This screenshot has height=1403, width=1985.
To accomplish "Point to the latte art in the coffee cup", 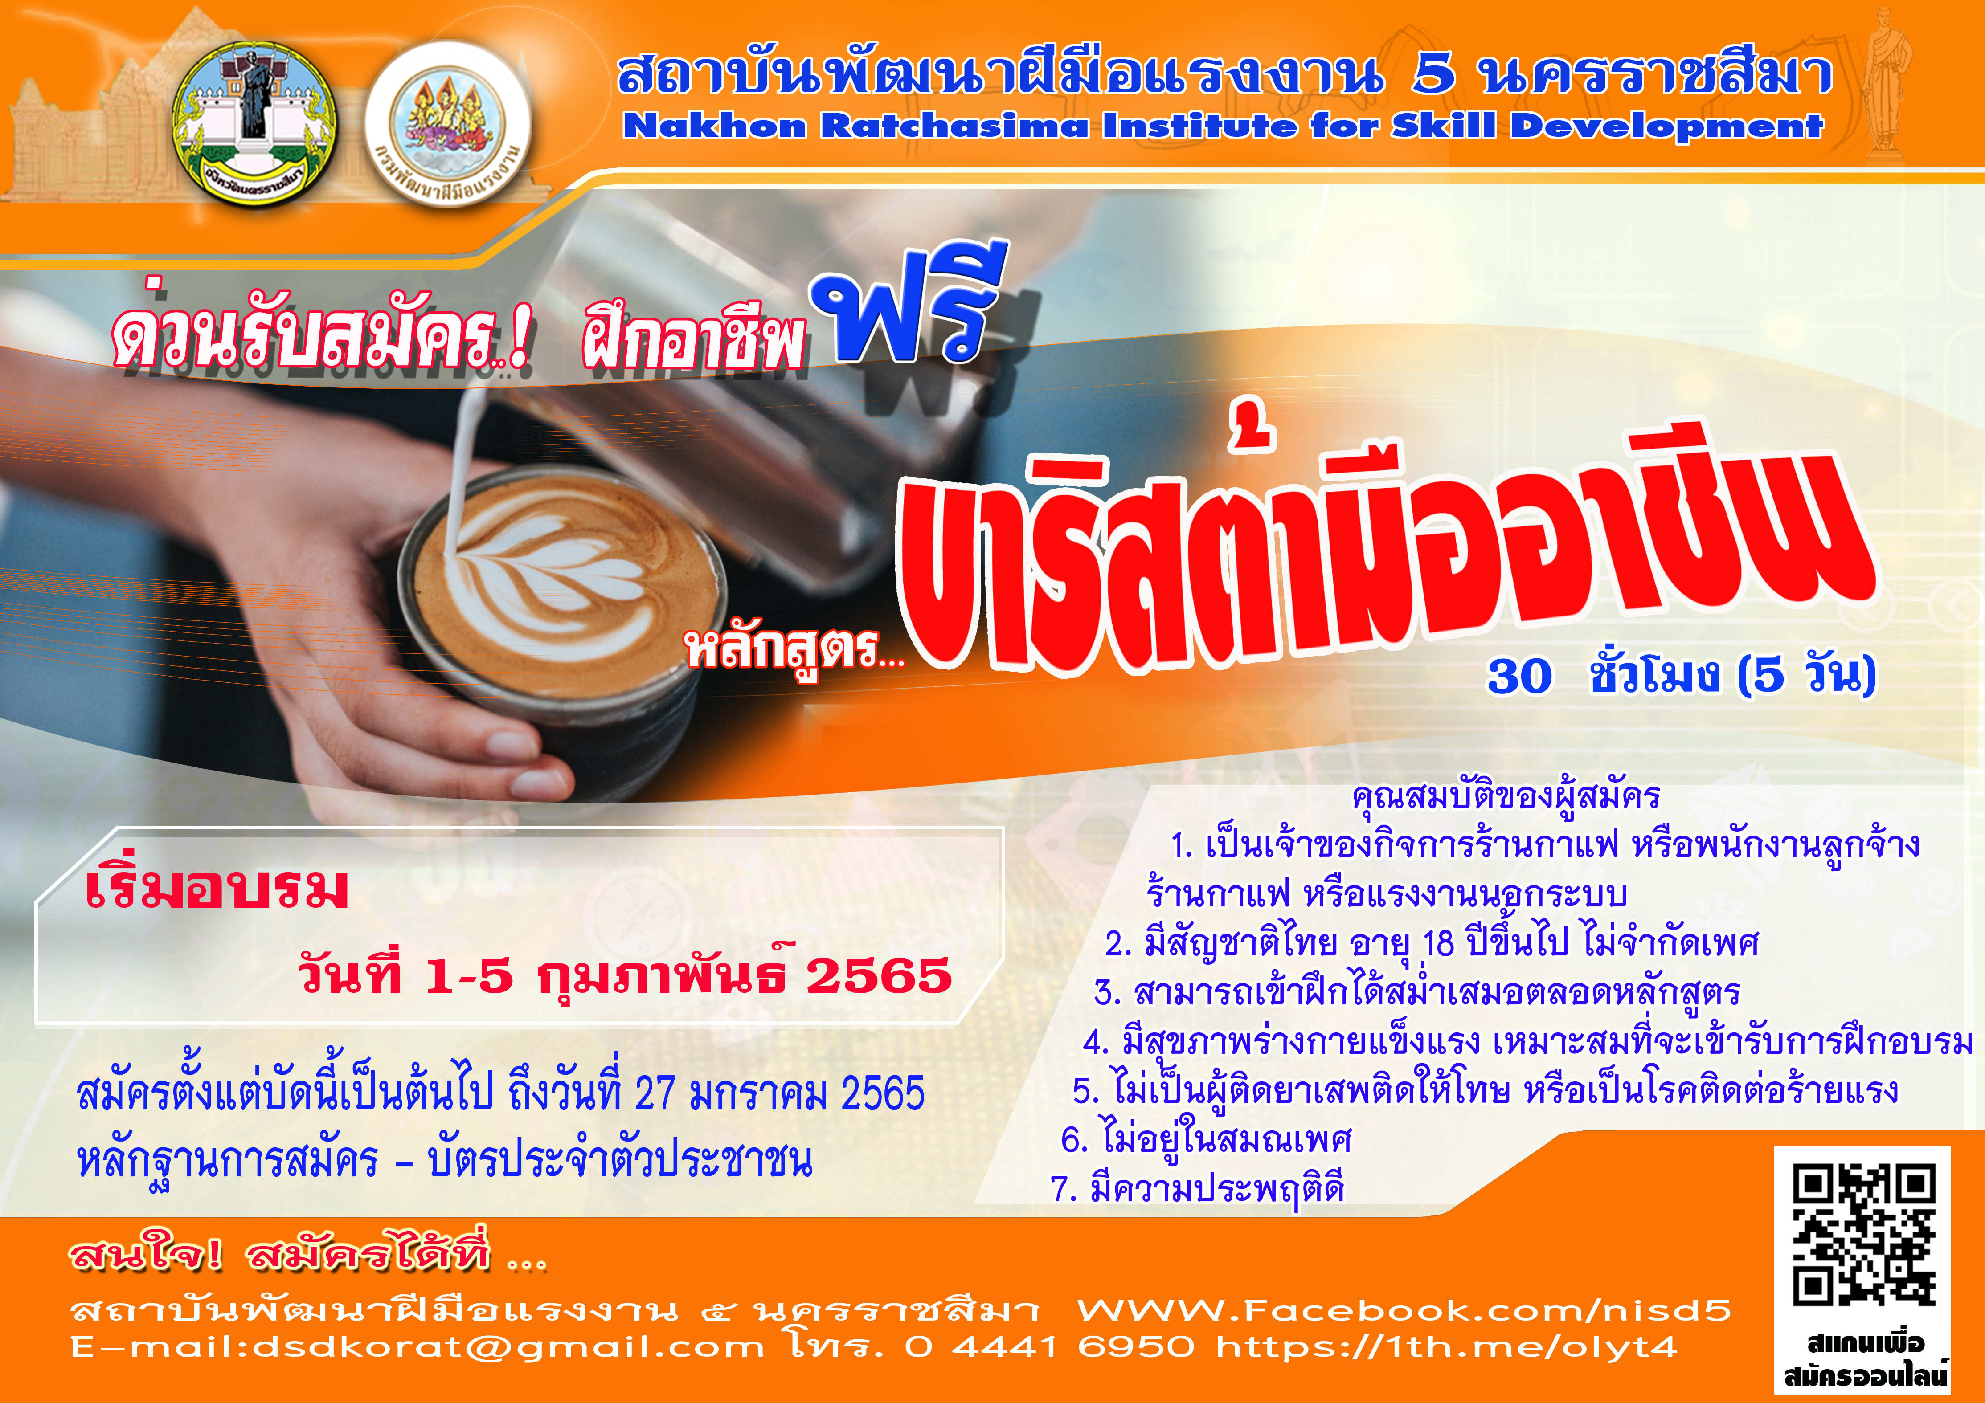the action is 553,579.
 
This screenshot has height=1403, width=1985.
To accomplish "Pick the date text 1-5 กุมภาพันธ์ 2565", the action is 688,975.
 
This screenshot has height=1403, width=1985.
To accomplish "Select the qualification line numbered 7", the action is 1197,1189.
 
